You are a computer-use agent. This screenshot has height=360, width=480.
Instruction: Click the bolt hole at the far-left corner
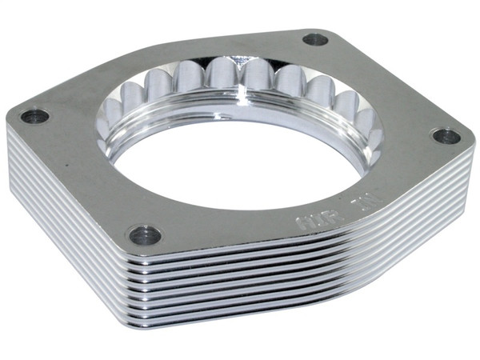point(34,116)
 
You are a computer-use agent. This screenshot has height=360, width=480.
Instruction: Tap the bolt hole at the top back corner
point(315,38)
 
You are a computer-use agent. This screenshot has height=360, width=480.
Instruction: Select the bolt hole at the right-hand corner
point(446,135)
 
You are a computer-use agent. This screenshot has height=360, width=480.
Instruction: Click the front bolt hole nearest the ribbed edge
point(144,234)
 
